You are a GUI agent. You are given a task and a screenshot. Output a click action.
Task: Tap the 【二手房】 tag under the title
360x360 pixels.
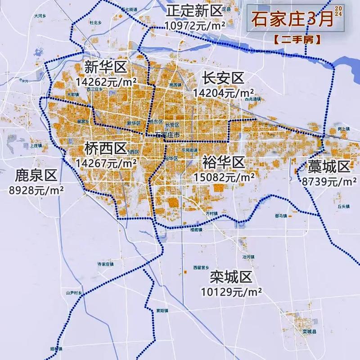[x=297, y=39]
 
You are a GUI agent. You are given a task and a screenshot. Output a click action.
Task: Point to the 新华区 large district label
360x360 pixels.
[x=106, y=68]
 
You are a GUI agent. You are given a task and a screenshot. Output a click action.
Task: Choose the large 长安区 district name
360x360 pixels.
[x=223, y=78]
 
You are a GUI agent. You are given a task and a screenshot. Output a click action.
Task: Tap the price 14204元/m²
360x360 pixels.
[x=223, y=93]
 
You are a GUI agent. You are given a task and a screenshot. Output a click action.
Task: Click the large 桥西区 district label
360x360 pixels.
[x=106, y=148]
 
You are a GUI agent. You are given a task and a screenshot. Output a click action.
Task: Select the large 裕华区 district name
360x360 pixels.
[x=223, y=162]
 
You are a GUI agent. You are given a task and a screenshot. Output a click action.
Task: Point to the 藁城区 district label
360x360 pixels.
[x=328, y=167]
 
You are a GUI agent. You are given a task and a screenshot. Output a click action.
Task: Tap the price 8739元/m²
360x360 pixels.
[x=328, y=181]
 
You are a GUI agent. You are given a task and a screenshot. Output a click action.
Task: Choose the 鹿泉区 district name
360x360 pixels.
[x=35, y=174]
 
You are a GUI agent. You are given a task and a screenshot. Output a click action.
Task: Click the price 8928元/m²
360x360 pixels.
[x=36, y=189]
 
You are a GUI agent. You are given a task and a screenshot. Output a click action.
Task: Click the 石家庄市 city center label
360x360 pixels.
[x=167, y=135]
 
